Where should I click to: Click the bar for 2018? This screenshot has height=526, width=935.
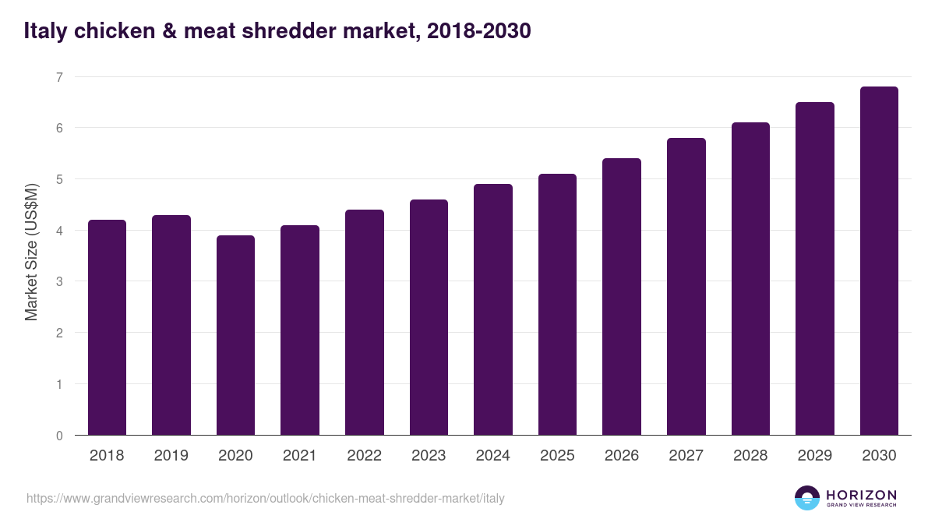coord(107,327)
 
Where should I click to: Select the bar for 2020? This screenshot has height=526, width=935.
coord(235,335)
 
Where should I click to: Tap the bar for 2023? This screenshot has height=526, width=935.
coord(429,317)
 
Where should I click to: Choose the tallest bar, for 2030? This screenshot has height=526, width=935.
coord(879,260)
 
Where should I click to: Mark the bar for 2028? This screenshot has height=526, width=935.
coord(750,278)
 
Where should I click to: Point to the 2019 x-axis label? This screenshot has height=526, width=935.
coord(171,456)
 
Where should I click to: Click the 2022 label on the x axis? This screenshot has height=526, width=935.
coord(364,456)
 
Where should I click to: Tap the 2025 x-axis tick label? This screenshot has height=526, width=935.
coord(557,456)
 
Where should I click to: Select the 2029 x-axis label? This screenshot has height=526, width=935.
coord(814,456)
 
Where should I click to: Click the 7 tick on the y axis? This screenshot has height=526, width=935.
coord(58,77)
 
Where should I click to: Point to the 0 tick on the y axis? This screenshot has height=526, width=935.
coord(58,436)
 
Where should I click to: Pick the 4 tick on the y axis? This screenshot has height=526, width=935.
coord(58,231)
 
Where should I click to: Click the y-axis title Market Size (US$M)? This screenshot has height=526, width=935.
coord(31,252)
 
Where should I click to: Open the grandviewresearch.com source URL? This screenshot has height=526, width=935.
coord(265,498)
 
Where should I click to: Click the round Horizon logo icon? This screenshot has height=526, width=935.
coord(807,498)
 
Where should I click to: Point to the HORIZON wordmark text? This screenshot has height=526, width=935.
coord(861,495)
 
